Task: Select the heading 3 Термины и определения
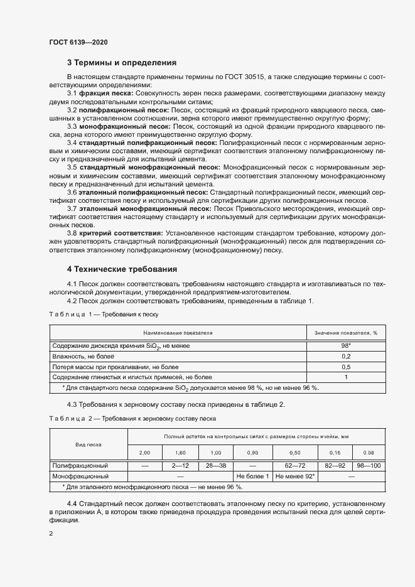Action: [x=121, y=63]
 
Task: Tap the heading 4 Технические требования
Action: [x=122, y=269]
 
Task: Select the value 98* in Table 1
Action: [x=345, y=346]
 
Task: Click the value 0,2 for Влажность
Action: [x=345, y=356]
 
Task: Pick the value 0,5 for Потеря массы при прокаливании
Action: [x=345, y=367]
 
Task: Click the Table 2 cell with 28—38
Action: [x=215, y=466]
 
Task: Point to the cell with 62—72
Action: [x=295, y=466]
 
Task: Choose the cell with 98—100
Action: [x=368, y=466]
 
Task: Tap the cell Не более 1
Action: [x=252, y=476]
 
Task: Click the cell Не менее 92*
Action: [x=295, y=476]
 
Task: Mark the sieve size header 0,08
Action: [x=368, y=452]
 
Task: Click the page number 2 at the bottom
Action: [x=50, y=534]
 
